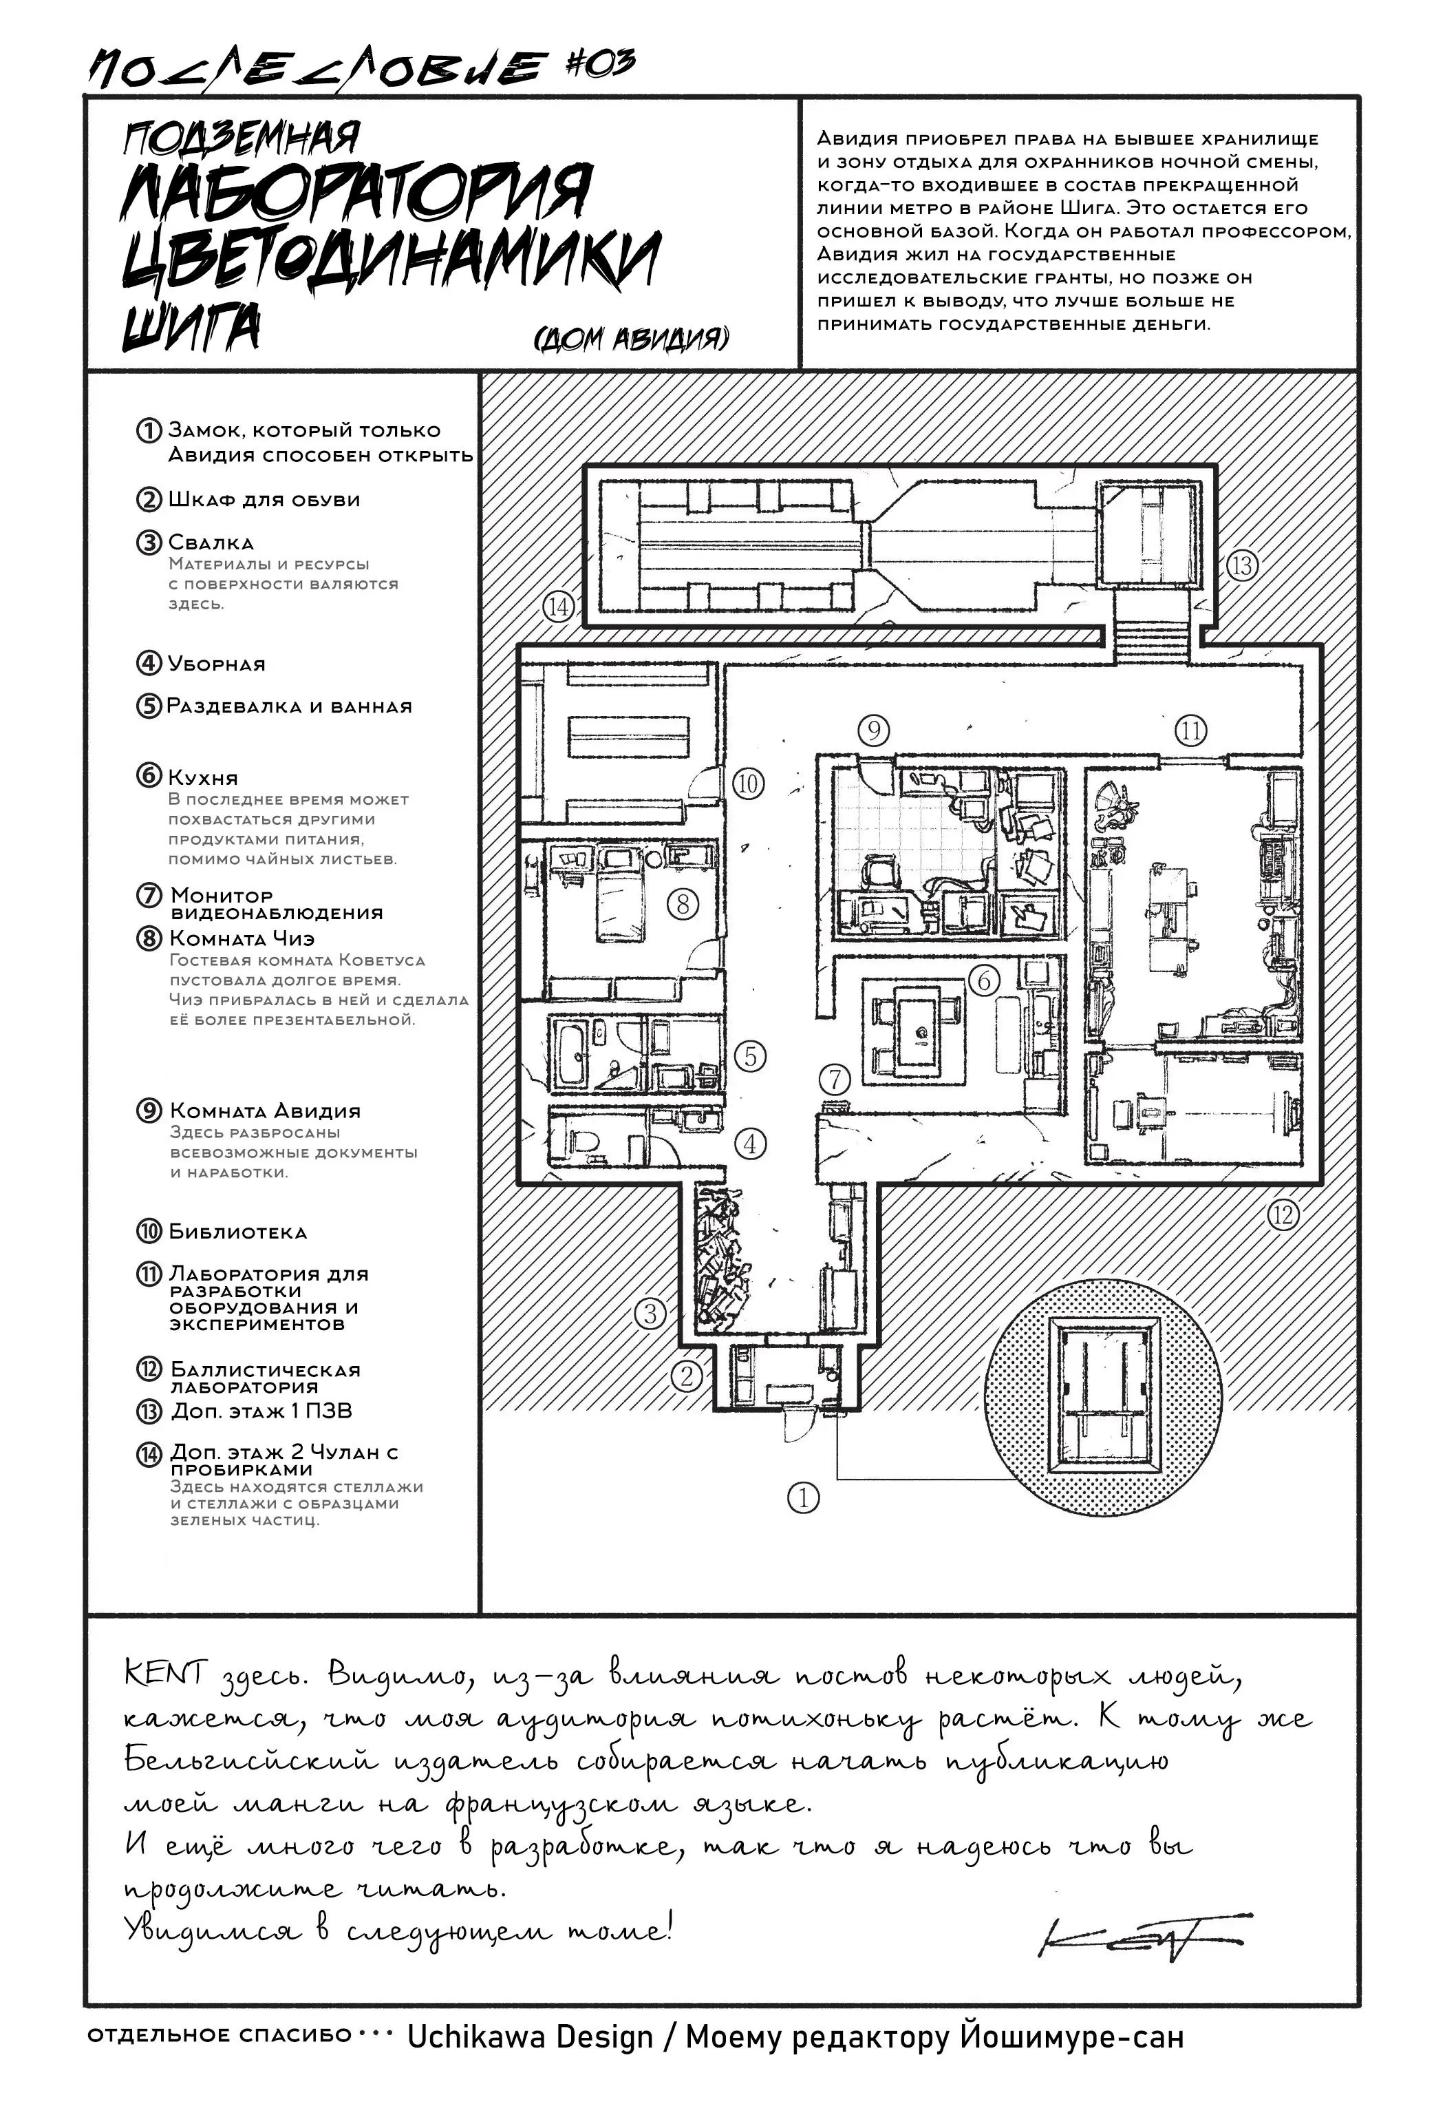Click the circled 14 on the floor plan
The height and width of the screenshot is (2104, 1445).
point(559,606)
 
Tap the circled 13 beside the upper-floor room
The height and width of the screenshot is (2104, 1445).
point(1241,566)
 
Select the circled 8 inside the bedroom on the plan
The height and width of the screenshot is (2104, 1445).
point(683,903)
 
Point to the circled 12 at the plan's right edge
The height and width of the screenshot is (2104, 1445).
point(1283,1214)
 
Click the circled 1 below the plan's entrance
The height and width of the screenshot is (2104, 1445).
point(803,1498)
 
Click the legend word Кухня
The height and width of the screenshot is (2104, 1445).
point(203,778)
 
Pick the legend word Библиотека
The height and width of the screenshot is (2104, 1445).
point(238,1232)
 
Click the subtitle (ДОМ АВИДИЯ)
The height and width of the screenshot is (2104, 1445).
point(632,339)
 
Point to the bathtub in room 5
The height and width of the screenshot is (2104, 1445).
point(571,1054)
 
